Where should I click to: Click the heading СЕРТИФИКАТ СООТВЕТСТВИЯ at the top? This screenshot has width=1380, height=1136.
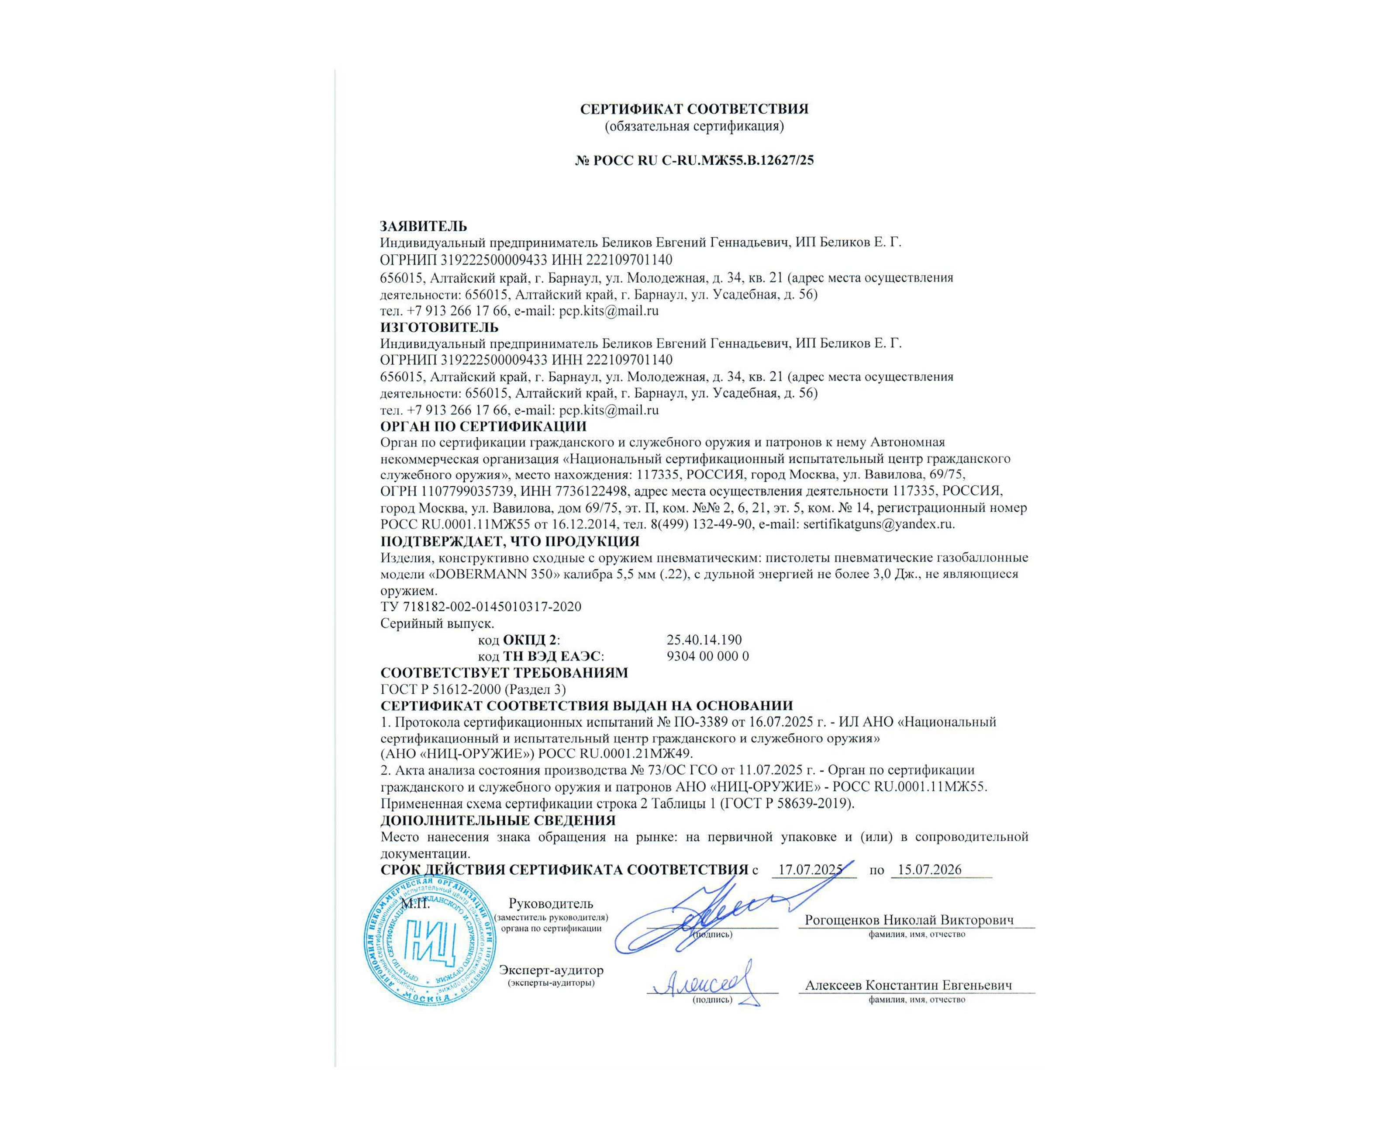tap(694, 109)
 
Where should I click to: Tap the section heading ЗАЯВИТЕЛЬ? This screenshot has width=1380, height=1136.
tap(423, 226)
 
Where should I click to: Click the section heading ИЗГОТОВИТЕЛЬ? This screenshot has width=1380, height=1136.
tap(439, 327)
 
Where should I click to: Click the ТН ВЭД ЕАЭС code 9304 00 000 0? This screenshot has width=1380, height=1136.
tap(707, 656)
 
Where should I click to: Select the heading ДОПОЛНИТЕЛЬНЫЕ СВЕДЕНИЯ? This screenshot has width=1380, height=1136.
tap(498, 820)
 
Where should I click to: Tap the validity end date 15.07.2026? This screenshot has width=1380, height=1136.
tap(929, 869)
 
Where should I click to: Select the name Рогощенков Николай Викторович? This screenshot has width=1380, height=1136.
tap(909, 920)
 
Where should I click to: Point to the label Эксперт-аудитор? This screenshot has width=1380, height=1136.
tap(551, 970)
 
